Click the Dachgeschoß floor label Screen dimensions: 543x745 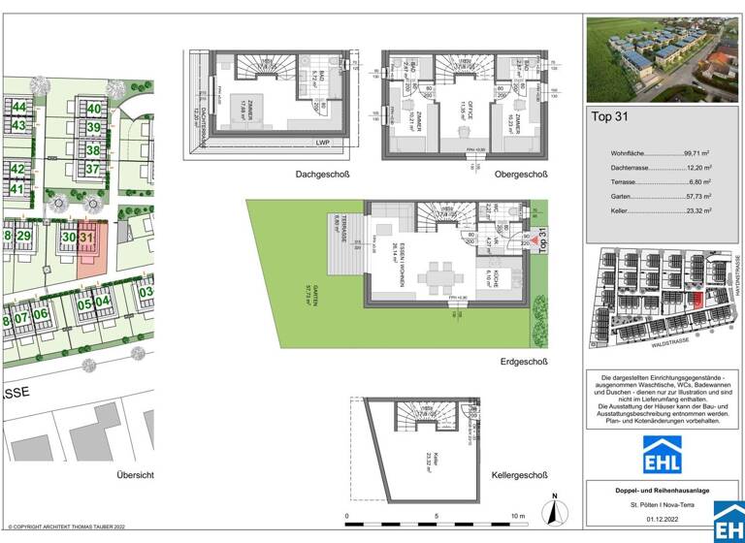coord(322,175)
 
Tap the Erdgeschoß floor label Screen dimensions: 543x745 coord(523,363)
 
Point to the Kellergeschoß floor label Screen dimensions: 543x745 coord(519,475)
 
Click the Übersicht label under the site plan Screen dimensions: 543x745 coord(136,475)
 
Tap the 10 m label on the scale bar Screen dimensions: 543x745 coord(519,516)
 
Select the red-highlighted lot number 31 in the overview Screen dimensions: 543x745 coord(87,236)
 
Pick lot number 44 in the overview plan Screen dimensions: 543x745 coord(18,106)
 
